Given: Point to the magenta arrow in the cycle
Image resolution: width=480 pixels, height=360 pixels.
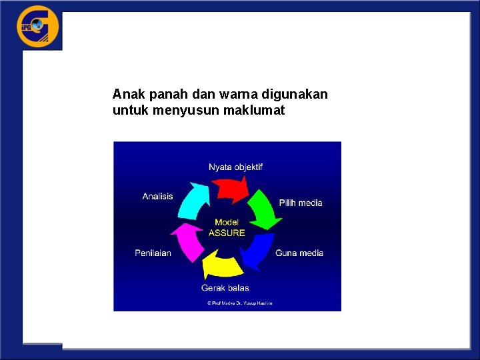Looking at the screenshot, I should pyautogui.click(x=189, y=241).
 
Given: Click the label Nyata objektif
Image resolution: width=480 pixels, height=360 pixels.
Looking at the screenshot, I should pyautogui.click(x=235, y=167).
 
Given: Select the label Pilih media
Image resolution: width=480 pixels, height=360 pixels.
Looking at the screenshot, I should pyautogui.click(x=300, y=203).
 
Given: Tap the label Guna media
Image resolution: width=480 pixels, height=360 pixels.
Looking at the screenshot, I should pyautogui.click(x=299, y=253).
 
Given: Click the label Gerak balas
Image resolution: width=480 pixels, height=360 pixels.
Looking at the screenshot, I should pyautogui.click(x=225, y=287).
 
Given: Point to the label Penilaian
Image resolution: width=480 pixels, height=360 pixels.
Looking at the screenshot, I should pyautogui.click(x=153, y=253).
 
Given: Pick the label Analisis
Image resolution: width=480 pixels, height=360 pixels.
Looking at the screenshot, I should pyautogui.click(x=157, y=196).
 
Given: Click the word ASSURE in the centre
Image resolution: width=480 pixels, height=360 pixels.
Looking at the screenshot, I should pyautogui.click(x=227, y=233).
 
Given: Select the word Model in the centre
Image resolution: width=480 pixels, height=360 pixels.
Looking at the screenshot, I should pyautogui.click(x=227, y=223).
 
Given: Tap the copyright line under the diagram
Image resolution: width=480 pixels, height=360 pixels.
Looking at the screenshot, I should pyautogui.click(x=239, y=303).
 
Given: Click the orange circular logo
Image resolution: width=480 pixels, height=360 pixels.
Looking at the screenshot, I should pyautogui.click(x=38, y=27).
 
